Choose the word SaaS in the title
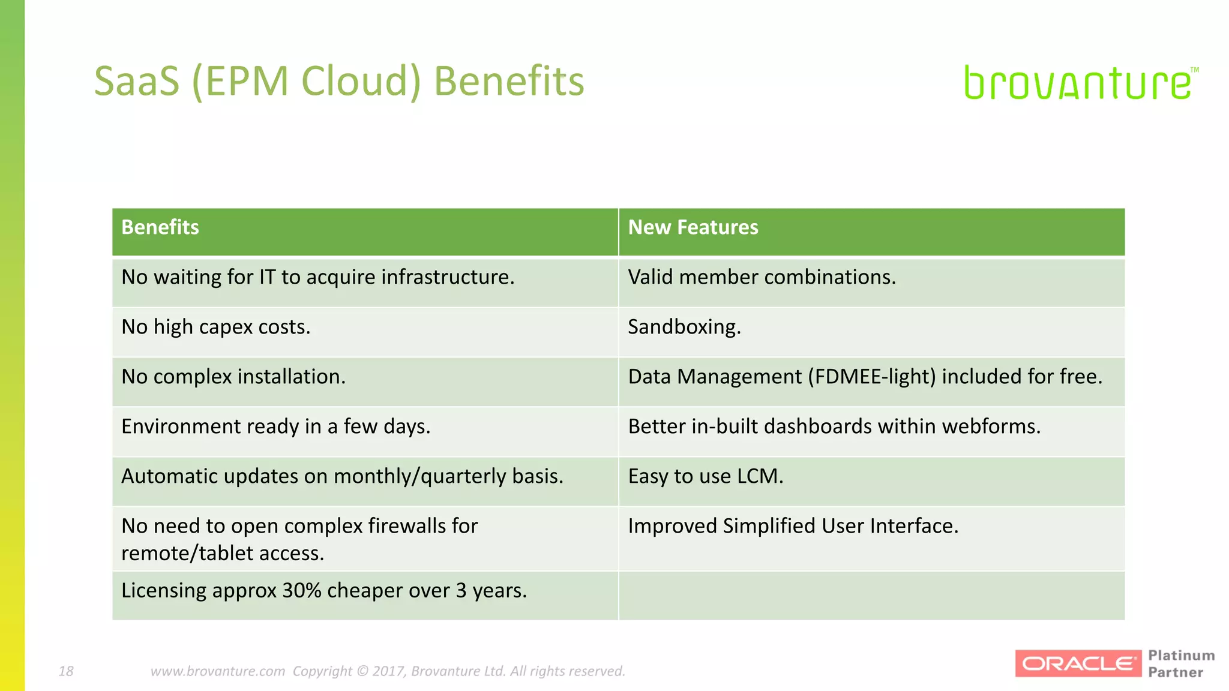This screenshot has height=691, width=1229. tap(137, 81)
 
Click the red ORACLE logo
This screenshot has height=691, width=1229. tap(1078, 663)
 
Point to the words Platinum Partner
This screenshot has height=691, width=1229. tap(1180, 663)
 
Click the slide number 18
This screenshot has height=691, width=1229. tap(66, 671)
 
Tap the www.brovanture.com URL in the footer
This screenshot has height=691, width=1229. tap(217, 671)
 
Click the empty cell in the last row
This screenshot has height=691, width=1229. tap(871, 596)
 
